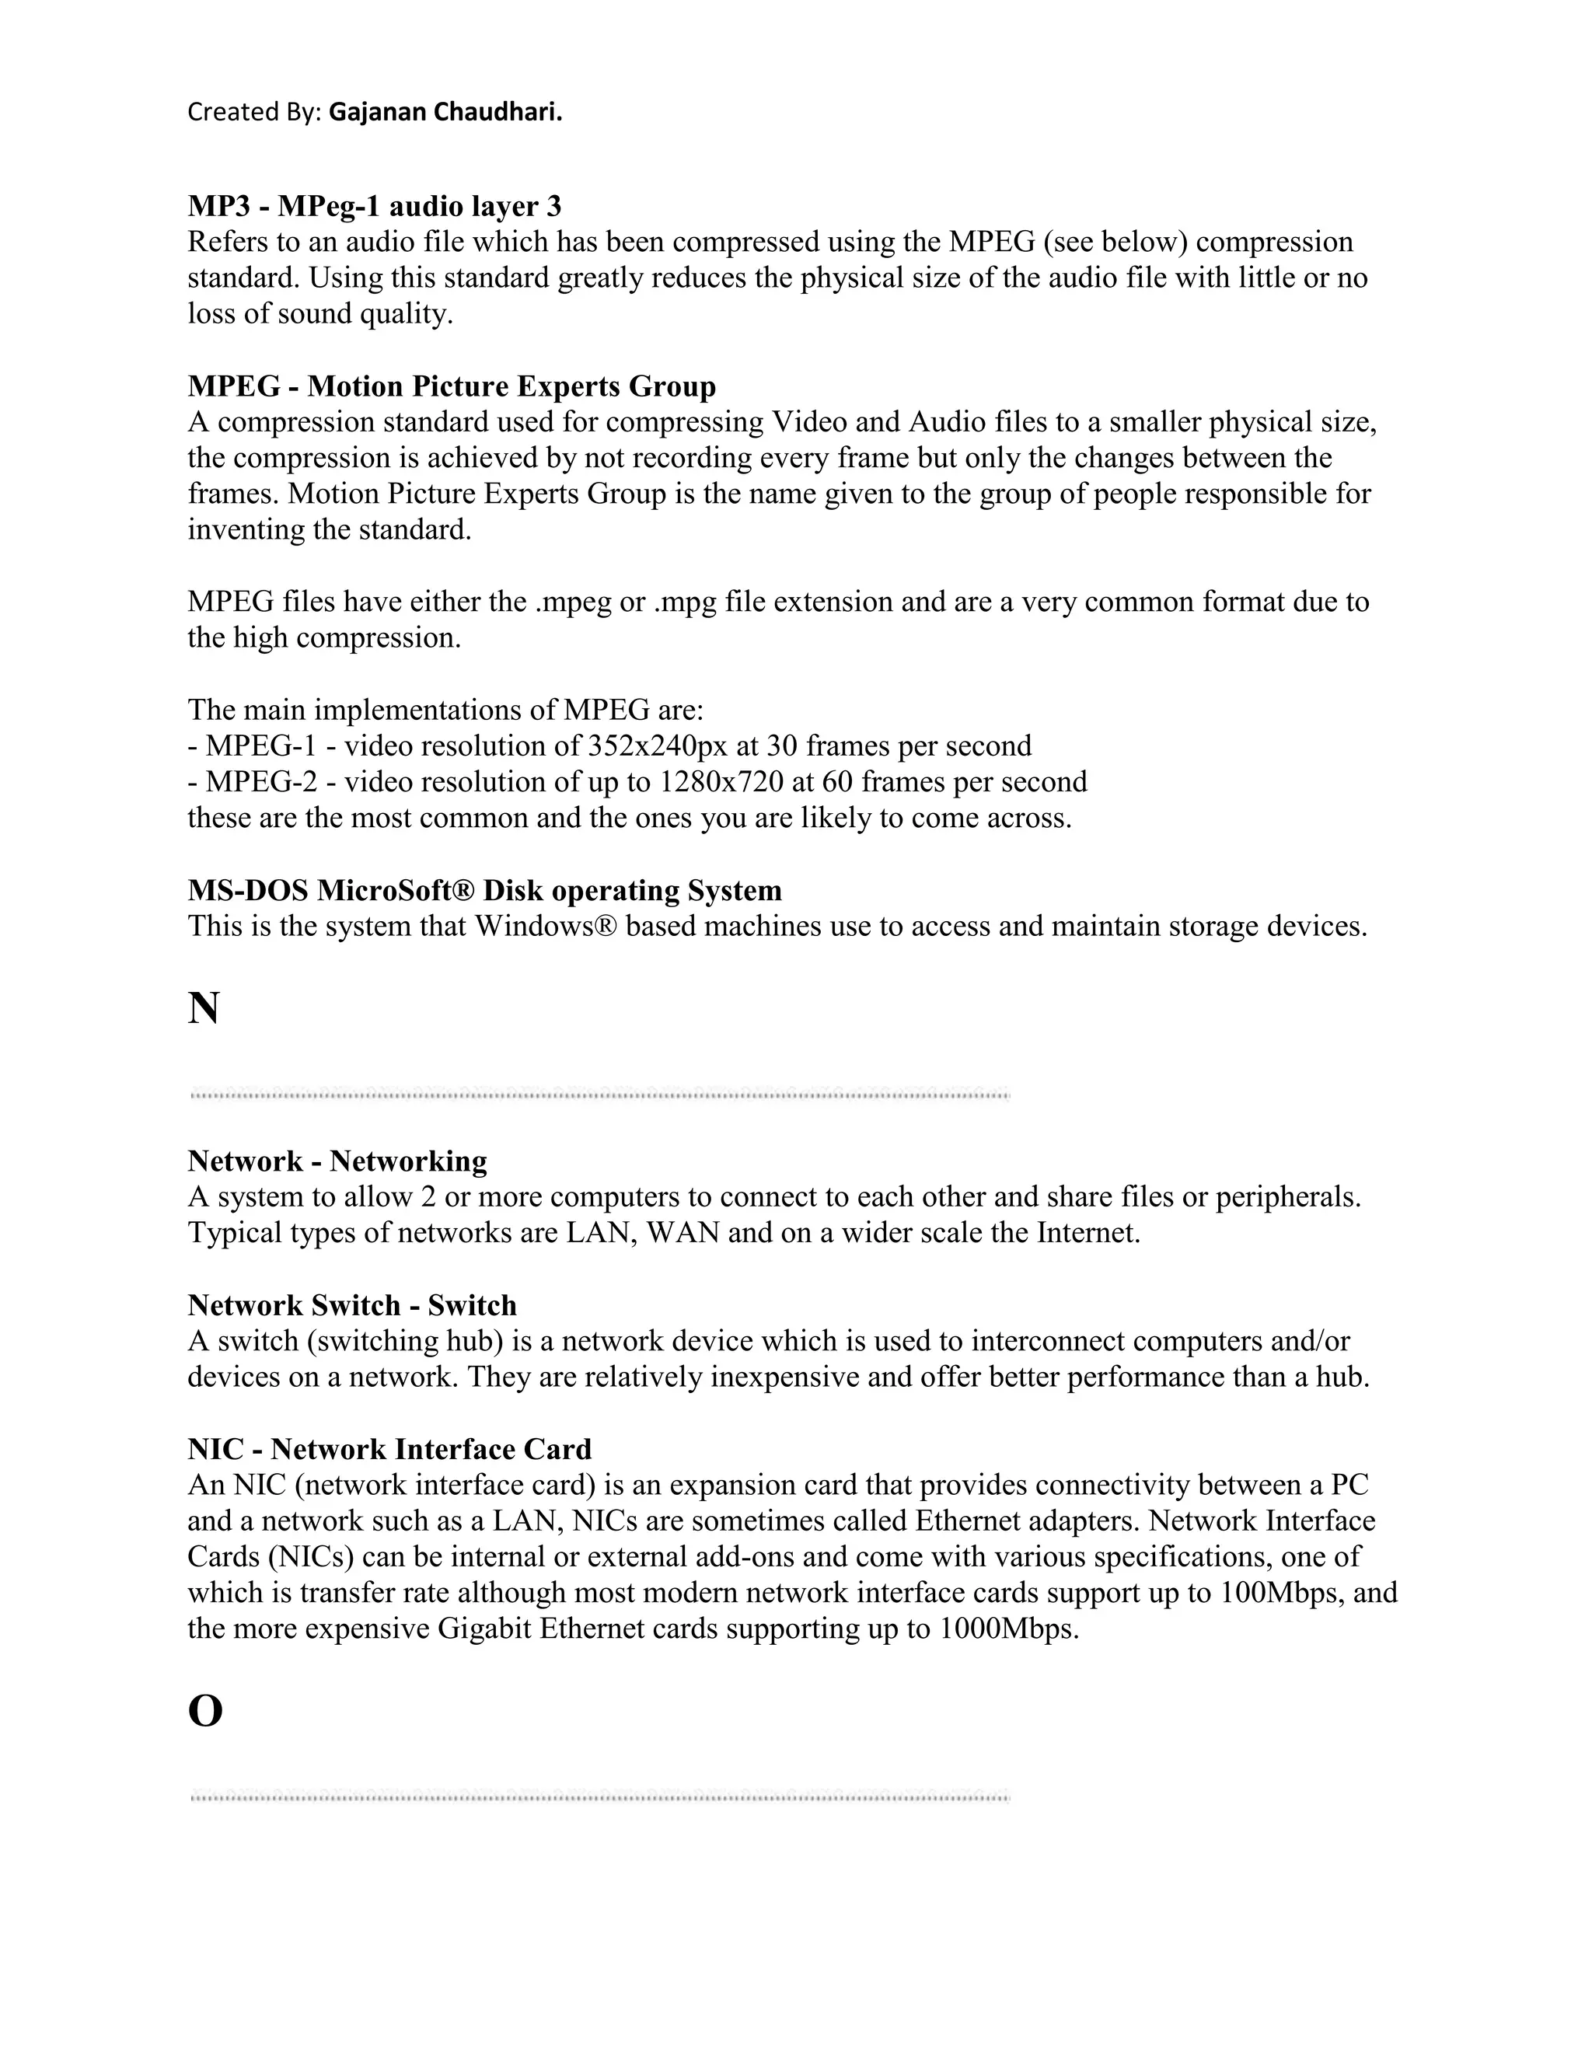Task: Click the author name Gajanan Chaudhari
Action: point(445,112)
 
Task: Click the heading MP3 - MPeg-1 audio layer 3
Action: point(375,206)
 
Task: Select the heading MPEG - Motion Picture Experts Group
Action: point(452,386)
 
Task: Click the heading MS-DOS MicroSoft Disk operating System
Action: point(485,890)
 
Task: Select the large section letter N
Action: point(204,1008)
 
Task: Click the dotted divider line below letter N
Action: point(600,1095)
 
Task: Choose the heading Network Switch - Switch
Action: point(352,1305)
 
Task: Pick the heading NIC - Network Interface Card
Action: point(389,1449)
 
